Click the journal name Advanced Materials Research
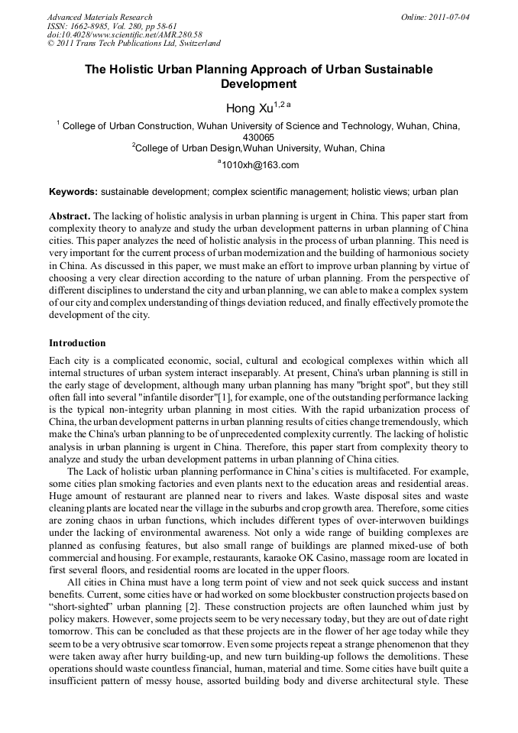pos(99,17)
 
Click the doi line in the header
pos(125,34)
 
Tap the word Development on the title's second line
pos(258,84)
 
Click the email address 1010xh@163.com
pos(260,165)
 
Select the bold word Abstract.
pos(70,216)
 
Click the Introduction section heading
pos(77,343)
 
